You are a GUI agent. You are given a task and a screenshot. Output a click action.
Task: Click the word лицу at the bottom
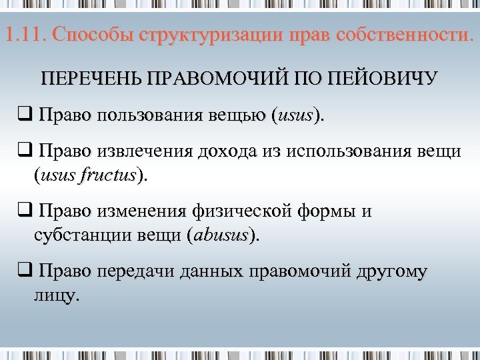55,295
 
